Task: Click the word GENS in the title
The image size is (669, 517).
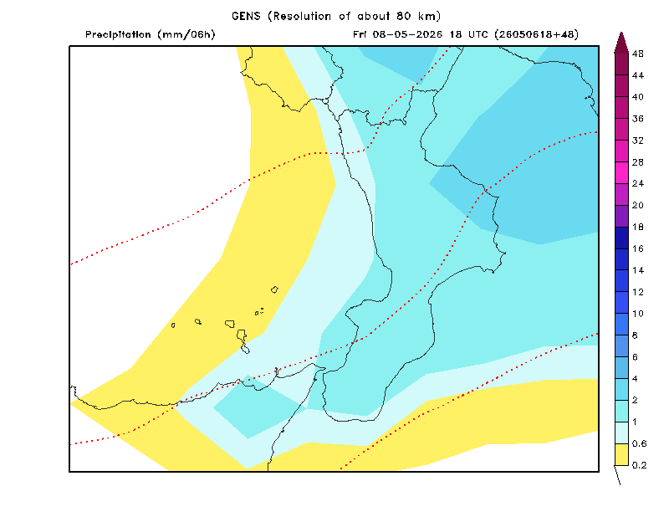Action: (x=246, y=16)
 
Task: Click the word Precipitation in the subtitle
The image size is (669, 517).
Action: (x=118, y=34)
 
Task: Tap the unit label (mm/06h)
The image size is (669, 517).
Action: (x=186, y=34)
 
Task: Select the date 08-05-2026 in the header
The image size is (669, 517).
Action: (x=407, y=34)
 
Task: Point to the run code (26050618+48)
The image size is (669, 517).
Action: (x=537, y=34)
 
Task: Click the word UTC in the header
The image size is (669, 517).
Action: (x=477, y=34)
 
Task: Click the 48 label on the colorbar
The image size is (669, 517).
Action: (x=637, y=54)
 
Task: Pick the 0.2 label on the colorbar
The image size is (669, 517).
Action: (x=639, y=465)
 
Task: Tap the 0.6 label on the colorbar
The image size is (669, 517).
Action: (x=639, y=443)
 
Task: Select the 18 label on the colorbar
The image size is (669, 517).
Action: (x=637, y=227)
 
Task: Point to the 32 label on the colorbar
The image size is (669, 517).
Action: (x=637, y=141)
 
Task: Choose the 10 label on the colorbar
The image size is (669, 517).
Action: (x=637, y=314)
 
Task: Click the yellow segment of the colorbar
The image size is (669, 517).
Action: (x=621, y=454)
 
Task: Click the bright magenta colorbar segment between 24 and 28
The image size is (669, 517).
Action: (x=621, y=172)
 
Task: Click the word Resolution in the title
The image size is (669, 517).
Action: (x=302, y=16)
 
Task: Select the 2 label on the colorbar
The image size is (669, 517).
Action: (x=635, y=400)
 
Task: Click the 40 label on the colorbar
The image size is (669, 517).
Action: (x=637, y=97)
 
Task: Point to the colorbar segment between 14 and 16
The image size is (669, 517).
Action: (x=621, y=259)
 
